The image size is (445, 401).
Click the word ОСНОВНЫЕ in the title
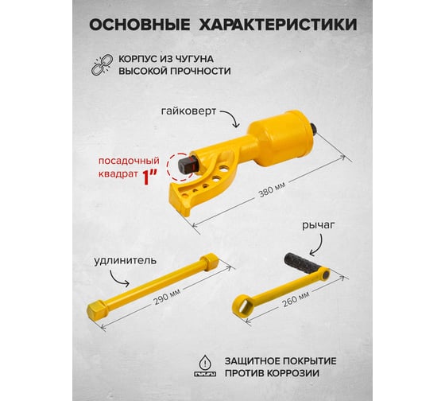click(x=140, y=25)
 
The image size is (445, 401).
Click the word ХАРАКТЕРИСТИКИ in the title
click(x=278, y=25)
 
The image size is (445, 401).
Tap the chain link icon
click(x=102, y=65)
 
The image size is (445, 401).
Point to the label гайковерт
click(x=189, y=111)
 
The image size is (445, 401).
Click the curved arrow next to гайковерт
click(x=231, y=118)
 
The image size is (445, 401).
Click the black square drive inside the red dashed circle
click(x=187, y=164)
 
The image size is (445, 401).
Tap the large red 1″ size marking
click(x=149, y=177)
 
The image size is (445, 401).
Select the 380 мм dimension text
click(x=272, y=189)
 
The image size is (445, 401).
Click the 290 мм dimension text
click(x=167, y=297)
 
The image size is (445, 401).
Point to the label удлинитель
click(x=126, y=261)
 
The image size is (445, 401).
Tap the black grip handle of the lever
click(x=301, y=262)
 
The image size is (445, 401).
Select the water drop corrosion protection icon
click(x=205, y=365)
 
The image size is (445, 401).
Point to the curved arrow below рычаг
click(x=318, y=245)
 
